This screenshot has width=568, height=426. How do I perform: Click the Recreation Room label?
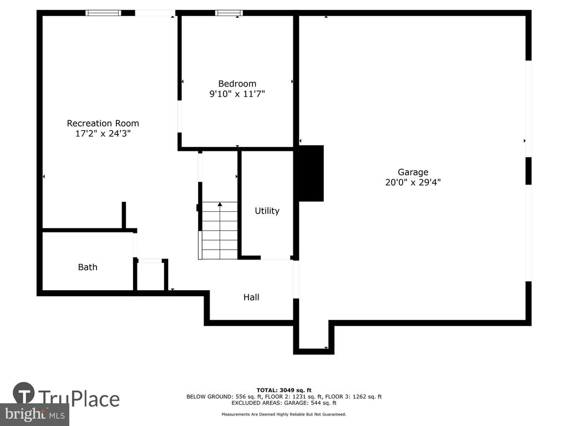(103, 123)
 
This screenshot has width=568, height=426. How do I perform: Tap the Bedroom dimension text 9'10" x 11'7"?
(237, 94)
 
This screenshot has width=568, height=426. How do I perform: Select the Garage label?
(413, 172)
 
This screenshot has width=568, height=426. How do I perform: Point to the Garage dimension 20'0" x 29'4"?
(413, 182)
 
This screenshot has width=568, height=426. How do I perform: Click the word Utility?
(267, 211)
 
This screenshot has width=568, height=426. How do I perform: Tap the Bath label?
(88, 267)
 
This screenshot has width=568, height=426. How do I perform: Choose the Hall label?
(251, 297)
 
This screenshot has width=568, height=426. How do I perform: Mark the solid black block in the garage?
(311, 173)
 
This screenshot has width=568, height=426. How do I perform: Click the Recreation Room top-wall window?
(103, 13)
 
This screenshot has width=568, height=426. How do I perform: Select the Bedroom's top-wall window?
(229, 13)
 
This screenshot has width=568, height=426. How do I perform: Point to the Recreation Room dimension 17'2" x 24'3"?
(103, 133)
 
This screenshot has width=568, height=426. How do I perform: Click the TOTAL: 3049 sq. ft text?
(284, 390)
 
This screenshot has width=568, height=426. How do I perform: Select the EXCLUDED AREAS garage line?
(284, 403)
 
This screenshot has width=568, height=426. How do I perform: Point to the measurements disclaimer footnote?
(284, 414)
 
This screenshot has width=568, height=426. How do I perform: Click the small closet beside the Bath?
(150, 275)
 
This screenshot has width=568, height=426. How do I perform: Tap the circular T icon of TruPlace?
(24, 393)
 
